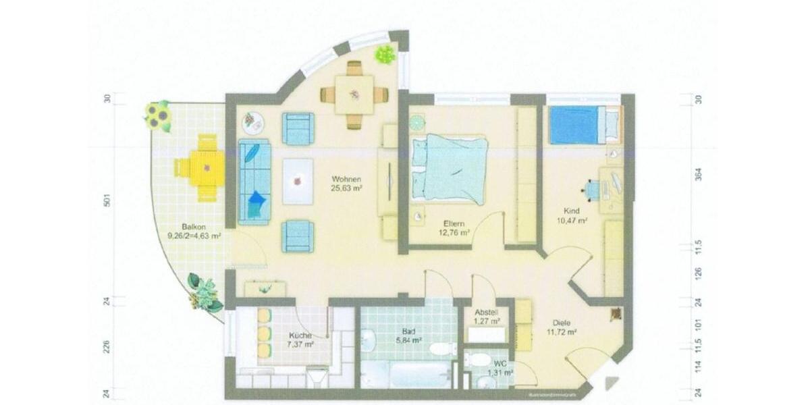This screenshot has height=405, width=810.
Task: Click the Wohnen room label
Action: pyautogui.click(x=346, y=179)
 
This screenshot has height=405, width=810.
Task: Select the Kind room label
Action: pyautogui.click(x=570, y=211)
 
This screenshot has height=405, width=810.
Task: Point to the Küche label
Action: pyautogui.click(x=300, y=335)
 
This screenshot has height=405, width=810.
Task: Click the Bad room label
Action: pyautogui.click(x=408, y=331)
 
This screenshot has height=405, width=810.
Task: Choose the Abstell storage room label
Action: pyautogui.click(x=486, y=313)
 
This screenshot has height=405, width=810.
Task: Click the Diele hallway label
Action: pyautogui.click(x=562, y=323)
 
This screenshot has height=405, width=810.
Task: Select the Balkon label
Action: pyautogui.click(x=192, y=227)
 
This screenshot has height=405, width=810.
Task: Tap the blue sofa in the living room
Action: pyautogui.click(x=254, y=182)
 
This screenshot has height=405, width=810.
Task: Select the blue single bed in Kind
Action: pyautogui.click(x=575, y=126)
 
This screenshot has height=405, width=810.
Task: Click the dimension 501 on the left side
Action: pyautogui.click(x=107, y=201)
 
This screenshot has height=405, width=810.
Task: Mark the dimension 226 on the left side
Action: pyautogui.click(x=107, y=348)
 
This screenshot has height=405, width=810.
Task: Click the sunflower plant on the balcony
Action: pyautogui.click(x=158, y=116)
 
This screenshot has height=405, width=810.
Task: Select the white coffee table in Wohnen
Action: pyautogui.click(x=298, y=181)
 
